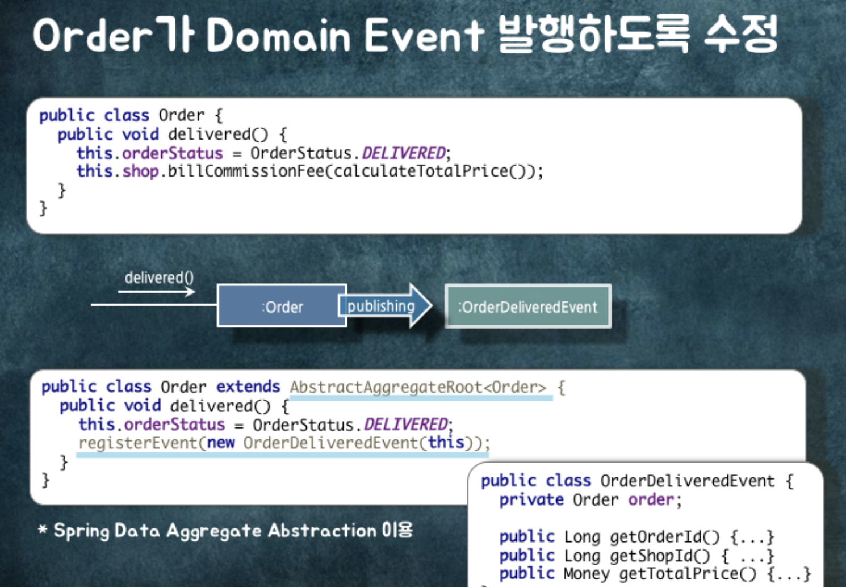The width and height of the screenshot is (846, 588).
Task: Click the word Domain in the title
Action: click(x=278, y=36)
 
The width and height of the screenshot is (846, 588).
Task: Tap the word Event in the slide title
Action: click(x=424, y=36)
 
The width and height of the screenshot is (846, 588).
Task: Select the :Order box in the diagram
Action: click(x=282, y=306)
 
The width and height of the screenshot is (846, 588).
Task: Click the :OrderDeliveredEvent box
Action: click(x=527, y=306)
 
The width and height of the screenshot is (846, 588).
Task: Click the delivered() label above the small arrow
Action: click(x=159, y=278)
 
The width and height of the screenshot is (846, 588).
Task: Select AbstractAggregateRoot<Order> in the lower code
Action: click(x=418, y=387)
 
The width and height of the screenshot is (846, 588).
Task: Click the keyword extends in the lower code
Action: click(x=248, y=387)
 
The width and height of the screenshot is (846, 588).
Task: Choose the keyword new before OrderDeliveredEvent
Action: click(x=221, y=443)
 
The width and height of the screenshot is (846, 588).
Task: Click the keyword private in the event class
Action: click(x=531, y=499)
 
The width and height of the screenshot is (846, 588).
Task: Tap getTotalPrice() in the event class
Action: click(x=688, y=574)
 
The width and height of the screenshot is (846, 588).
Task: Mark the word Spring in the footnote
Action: click(x=81, y=531)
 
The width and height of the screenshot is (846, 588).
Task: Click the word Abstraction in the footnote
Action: click(x=322, y=531)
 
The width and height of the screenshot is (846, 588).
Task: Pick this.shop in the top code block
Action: click(x=118, y=171)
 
